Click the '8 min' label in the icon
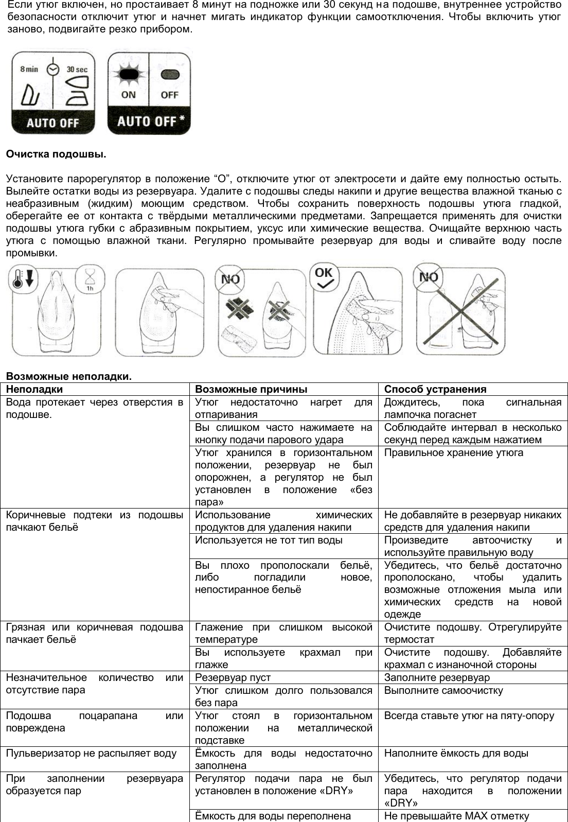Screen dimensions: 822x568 pyautogui.click(x=29, y=69)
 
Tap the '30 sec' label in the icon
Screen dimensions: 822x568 pyautogui.click(x=77, y=69)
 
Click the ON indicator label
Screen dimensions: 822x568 pyautogui.click(x=128, y=95)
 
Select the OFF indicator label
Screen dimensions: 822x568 pyautogui.click(x=169, y=95)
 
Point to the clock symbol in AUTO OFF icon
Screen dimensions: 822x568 pyautogui.click(x=52, y=69)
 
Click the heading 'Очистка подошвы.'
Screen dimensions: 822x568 pyautogui.click(x=56, y=154)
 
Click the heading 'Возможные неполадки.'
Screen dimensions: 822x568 pyautogui.click(x=69, y=377)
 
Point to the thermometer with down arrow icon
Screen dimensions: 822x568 pyautogui.click(x=22, y=278)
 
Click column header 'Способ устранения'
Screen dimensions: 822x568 pyautogui.click(x=435, y=389)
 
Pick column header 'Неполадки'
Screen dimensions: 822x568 pyautogui.click(x=34, y=389)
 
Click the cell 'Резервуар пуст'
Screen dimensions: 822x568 pyautogui.click(x=233, y=678)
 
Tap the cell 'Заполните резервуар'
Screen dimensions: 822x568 pyautogui.click(x=437, y=678)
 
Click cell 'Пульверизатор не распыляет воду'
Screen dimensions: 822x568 pyautogui.click(x=91, y=753)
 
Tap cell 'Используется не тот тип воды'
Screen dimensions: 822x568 pyautogui.click(x=268, y=540)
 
